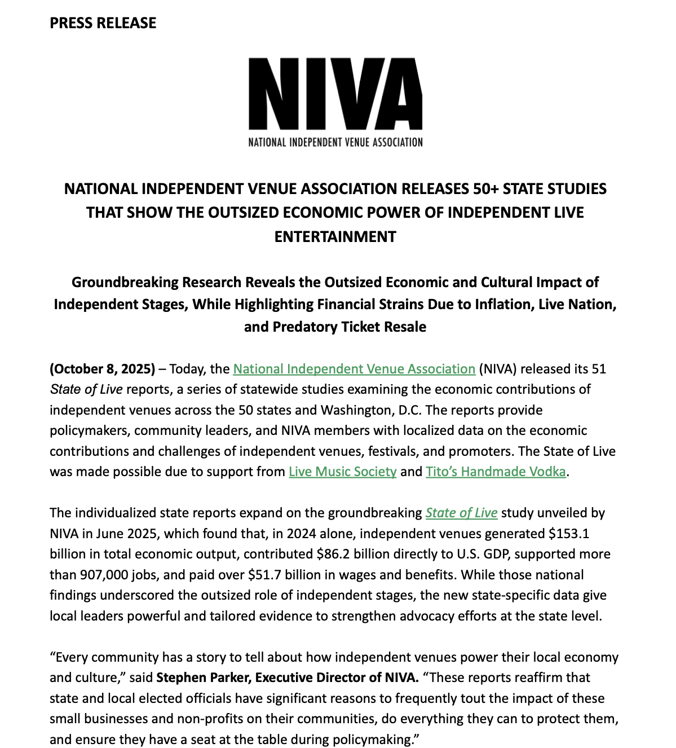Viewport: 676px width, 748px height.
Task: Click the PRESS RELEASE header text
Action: pos(103,23)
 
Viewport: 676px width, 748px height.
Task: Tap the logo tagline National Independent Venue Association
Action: pos(335,142)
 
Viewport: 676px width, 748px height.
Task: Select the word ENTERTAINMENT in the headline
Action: pos(335,236)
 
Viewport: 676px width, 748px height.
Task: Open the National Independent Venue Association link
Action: pos(354,369)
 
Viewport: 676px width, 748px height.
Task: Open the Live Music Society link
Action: pos(342,472)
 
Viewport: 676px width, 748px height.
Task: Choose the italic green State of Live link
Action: pos(461,513)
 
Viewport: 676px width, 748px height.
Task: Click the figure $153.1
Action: pos(569,534)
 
